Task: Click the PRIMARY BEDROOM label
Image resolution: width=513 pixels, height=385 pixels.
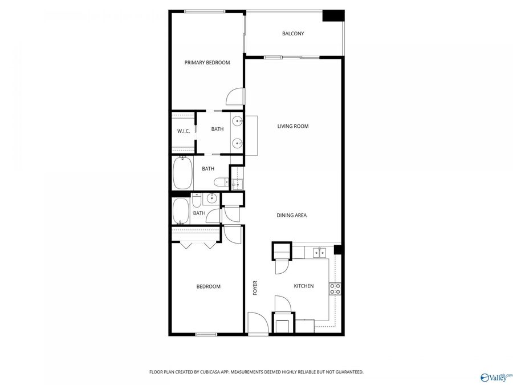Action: tap(207, 63)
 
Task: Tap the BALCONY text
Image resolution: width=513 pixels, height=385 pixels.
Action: tap(293, 34)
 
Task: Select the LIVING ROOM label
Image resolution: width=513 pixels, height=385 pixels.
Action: tap(293, 126)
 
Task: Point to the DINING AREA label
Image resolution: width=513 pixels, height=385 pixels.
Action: tap(292, 216)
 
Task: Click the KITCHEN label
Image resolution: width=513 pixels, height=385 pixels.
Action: tap(303, 286)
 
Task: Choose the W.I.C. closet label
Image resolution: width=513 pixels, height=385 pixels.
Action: tap(183, 131)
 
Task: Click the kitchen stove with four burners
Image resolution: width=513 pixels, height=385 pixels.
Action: tap(335, 289)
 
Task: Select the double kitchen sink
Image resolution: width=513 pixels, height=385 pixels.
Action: tap(317, 252)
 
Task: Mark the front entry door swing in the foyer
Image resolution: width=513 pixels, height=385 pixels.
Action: tap(258, 323)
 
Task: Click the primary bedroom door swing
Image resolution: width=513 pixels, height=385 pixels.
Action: tap(235, 98)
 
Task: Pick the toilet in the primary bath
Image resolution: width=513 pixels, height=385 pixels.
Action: tap(219, 182)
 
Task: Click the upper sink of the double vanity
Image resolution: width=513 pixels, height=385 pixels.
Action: tap(237, 120)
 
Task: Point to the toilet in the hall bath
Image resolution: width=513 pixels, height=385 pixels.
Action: tap(196, 200)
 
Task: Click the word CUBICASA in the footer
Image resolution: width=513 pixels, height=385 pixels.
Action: tap(209, 372)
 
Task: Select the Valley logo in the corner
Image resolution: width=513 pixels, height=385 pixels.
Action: tap(496, 376)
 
